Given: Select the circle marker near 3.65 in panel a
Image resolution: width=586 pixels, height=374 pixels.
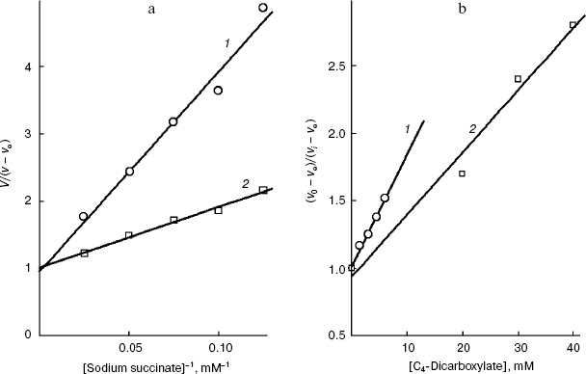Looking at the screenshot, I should click(218, 91).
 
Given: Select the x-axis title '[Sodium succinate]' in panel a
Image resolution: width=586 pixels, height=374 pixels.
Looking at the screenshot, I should click(117, 364).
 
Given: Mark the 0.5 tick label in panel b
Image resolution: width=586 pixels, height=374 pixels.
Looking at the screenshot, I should click(332, 334).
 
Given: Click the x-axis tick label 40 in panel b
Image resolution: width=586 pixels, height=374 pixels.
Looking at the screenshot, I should click(573, 345).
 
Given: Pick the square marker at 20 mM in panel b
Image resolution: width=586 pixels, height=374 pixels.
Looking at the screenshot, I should click(462, 174).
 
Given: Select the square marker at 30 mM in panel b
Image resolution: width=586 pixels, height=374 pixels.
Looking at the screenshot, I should click(518, 79).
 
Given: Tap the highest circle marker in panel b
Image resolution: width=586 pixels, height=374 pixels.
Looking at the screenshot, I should click(385, 198).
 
